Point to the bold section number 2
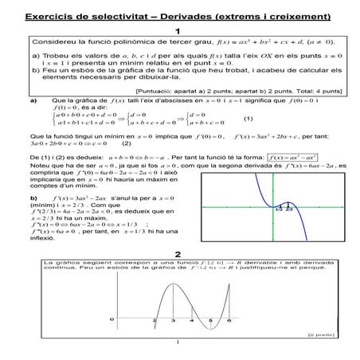pyautogui.click(x=178, y=254)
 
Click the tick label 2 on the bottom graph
pyautogui.click(x=154, y=321)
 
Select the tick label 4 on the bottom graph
pyautogui.click(x=191, y=321)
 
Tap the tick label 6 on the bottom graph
pyautogui.click(x=229, y=321)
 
